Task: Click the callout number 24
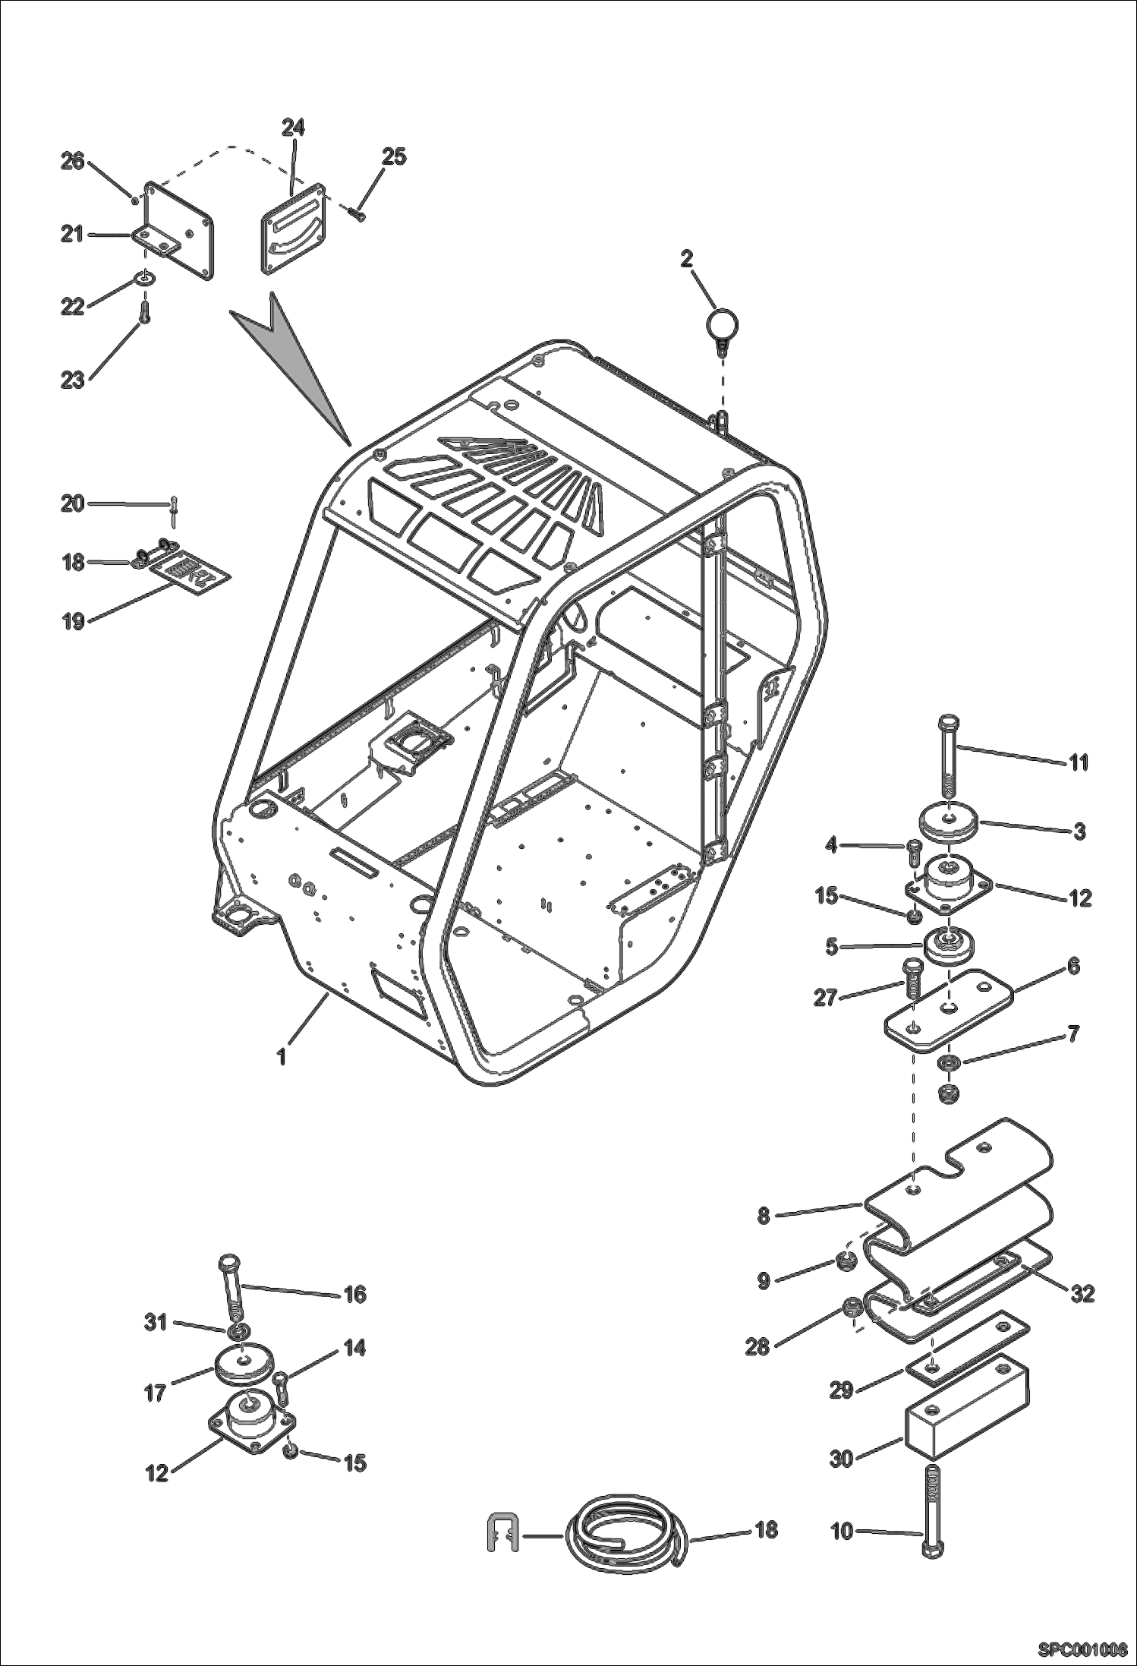[x=294, y=127]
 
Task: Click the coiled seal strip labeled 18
[x=622, y=1532]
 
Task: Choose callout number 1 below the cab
[x=281, y=1056]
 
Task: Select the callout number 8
[x=763, y=1216]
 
